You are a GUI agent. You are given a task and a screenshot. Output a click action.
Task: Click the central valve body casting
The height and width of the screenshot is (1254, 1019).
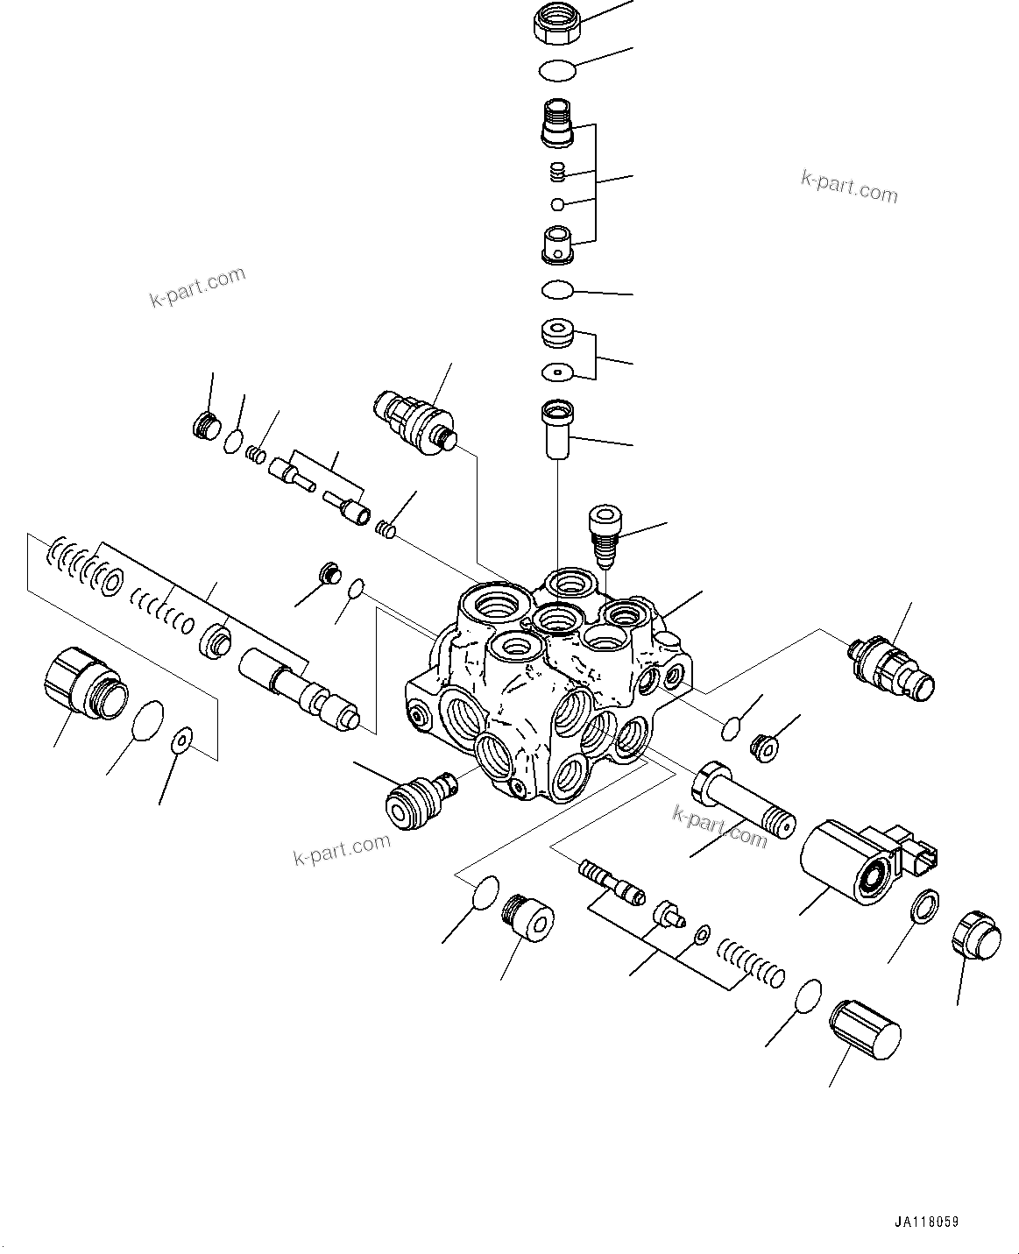click(x=543, y=684)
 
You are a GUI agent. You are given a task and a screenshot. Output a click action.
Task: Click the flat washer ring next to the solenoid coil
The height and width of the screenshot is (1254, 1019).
click(x=923, y=907)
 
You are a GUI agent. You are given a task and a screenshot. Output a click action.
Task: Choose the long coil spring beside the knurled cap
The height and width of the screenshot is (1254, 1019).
click(x=750, y=962)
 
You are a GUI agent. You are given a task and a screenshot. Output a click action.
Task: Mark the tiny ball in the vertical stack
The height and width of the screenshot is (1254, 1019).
click(x=558, y=204)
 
